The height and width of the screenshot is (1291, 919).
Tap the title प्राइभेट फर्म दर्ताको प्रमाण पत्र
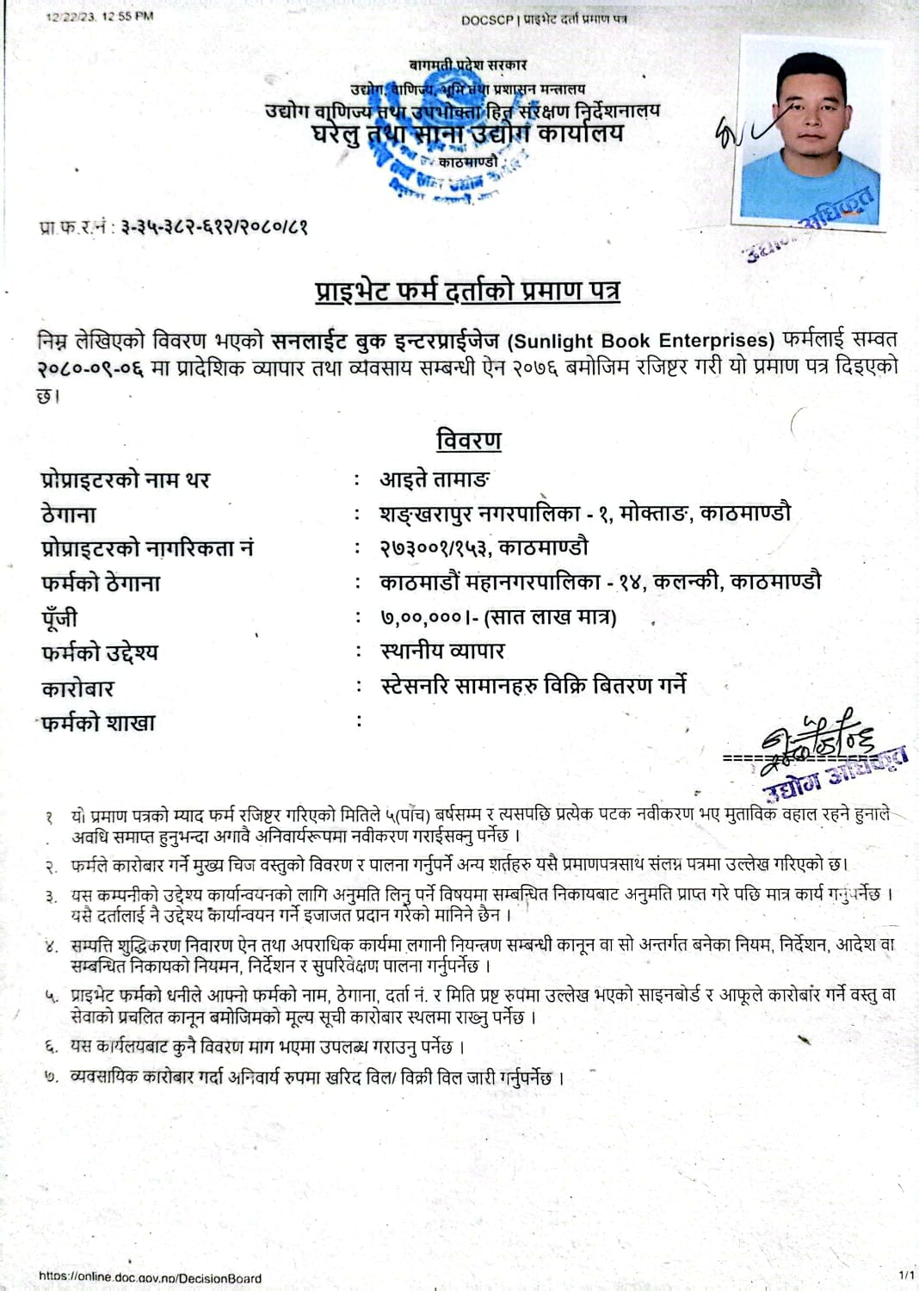click(467, 291)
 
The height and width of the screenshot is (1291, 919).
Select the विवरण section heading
click(468, 441)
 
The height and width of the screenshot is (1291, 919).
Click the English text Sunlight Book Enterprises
click(641, 341)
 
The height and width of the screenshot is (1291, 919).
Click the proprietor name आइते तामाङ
click(435, 479)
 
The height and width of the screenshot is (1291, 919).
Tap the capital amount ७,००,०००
click(421, 617)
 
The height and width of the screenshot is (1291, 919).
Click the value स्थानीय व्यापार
click(442, 652)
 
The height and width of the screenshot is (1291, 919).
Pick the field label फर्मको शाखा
click(98, 723)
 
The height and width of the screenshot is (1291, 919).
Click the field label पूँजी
click(59, 618)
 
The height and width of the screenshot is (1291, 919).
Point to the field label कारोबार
click(77, 689)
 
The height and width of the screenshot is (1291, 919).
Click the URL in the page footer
click(150, 1278)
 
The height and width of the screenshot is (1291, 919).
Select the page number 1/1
click(905, 1274)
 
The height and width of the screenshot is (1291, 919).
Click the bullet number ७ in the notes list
click(51, 1077)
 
